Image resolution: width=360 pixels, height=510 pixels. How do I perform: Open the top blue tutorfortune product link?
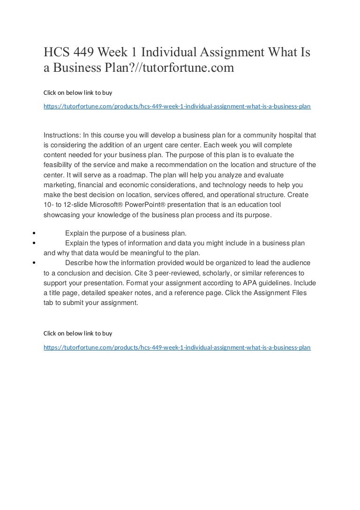coord(177,107)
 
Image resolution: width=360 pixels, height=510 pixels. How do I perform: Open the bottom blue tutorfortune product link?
coord(177,348)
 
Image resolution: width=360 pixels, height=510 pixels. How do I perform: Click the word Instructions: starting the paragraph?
coord(62,135)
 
